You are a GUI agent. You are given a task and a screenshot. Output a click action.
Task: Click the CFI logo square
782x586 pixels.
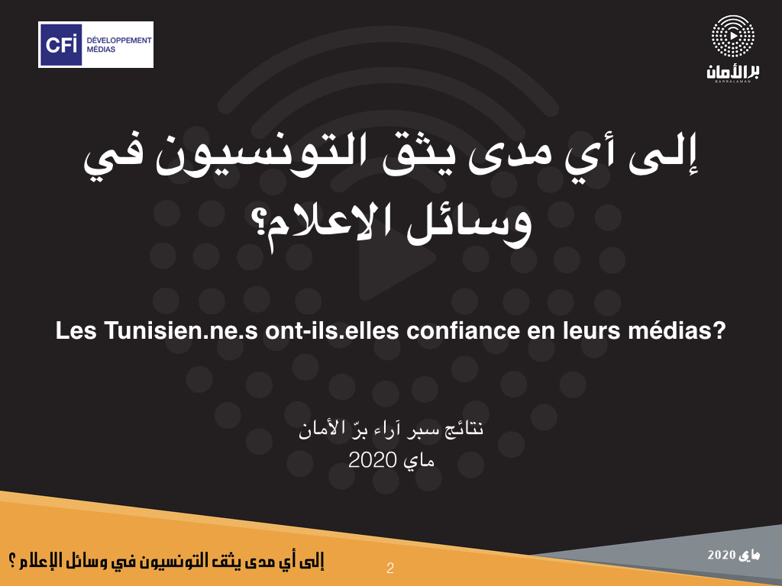pyautogui.click(x=60, y=44)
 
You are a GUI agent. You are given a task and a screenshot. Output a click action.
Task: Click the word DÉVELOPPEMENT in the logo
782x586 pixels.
pyautogui.click(x=118, y=40)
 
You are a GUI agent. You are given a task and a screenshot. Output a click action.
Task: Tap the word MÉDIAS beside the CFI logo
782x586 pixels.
pyautogui.click(x=101, y=50)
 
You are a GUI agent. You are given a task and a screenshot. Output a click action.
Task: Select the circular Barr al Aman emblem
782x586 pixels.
pyautogui.click(x=732, y=36)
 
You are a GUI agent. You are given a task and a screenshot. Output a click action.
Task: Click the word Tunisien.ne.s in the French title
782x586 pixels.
pyautogui.click(x=181, y=330)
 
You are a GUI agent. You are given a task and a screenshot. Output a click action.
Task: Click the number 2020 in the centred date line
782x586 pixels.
pyautogui.click(x=372, y=459)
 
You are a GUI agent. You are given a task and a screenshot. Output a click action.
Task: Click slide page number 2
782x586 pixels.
pyautogui.click(x=390, y=568)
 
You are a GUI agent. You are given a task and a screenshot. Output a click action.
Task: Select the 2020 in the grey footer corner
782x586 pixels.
pyautogui.click(x=721, y=555)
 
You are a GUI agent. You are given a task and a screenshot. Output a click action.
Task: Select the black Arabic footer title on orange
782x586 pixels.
pyautogui.click(x=166, y=560)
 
